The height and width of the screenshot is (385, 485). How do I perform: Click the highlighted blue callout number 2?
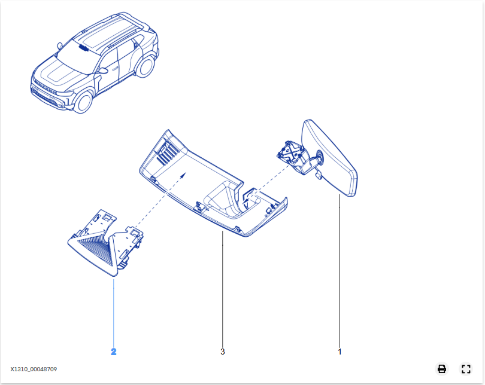point(114,352)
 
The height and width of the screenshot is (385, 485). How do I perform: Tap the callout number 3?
point(222,352)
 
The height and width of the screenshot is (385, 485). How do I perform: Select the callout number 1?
point(339,352)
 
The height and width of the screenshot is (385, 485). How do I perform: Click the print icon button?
point(442,369)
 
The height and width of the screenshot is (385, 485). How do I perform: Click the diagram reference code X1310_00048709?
point(34,369)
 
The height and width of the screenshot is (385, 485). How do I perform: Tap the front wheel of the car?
point(83,102)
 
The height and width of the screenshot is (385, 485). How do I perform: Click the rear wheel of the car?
point(144,66)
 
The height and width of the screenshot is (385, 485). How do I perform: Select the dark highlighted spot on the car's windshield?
point(83,48)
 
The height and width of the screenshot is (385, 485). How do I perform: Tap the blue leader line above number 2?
point(114,313)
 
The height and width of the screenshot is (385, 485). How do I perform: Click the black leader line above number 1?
point(339,271)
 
